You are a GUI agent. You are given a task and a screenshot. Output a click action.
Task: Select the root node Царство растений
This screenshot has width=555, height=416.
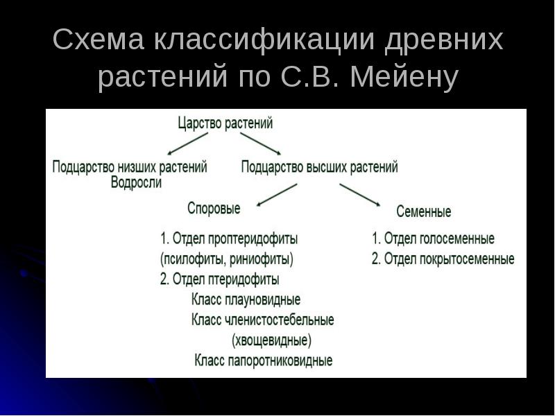(x=225, y=123)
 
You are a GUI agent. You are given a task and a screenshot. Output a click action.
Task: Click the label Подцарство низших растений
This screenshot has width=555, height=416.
(x=129, y=167)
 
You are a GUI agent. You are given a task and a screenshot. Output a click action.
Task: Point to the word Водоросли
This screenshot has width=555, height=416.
(x=136, y=183)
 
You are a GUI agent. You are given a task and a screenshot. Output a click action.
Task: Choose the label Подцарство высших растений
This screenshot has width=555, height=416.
(x=319, y=167)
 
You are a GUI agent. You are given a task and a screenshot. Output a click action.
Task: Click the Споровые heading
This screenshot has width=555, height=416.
(x=214, y=208)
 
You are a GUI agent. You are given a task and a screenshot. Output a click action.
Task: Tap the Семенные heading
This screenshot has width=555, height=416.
(x=423, y=211)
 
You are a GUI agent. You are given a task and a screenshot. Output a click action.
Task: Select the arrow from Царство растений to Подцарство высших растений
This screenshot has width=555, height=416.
(x=260, y=144)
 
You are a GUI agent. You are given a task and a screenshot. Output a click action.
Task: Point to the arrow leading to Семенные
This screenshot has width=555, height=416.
(x=359, y=195)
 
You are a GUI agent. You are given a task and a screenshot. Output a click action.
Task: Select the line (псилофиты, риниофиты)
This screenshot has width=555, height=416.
(x=226, y=260)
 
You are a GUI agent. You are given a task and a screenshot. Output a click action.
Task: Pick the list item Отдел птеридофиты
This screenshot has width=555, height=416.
(x=219, y=280)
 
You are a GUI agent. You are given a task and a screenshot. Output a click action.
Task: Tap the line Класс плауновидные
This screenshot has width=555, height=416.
(x=245, y=300)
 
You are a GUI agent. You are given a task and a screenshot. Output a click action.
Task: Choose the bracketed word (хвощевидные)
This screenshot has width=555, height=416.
(x=271, y=340)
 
